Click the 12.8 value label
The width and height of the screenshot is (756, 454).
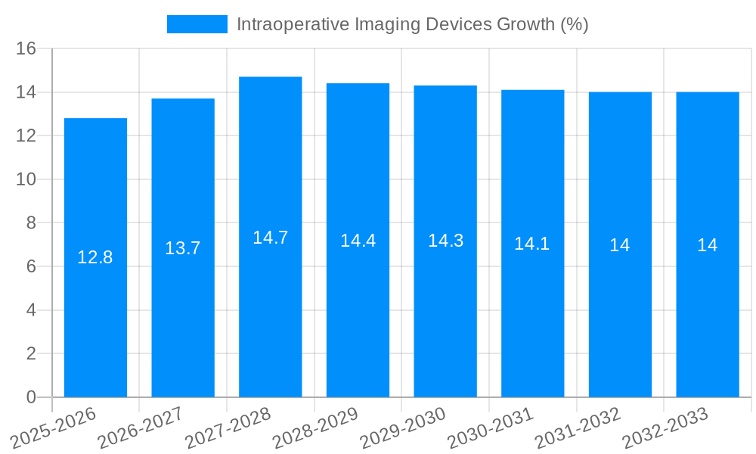95,257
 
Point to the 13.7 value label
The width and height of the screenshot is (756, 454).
183,248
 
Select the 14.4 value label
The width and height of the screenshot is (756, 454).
358,241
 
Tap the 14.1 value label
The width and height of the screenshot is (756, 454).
532,244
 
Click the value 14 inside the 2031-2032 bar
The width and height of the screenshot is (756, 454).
620,245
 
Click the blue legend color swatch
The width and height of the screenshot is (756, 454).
197,24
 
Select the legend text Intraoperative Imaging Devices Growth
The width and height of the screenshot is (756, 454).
412,24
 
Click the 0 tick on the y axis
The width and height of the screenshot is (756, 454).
31,397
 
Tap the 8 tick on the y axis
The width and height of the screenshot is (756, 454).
31,223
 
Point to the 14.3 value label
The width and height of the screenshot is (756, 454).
445,241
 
